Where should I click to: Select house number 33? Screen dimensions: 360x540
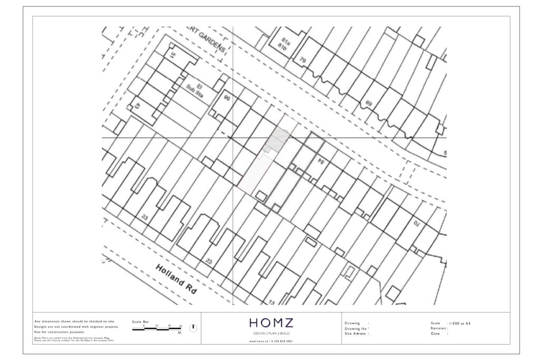click(x=145, y=217)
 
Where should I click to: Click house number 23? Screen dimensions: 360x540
click(x=209, y=261)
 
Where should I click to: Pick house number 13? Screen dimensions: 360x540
click(x=272, y=302)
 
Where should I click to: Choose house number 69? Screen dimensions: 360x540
click(x=368, y=104)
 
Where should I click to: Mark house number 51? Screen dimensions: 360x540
click(x=172, y=55)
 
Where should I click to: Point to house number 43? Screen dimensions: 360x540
click(x=136, y=105)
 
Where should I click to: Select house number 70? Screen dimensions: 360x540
click(x=416, y=223)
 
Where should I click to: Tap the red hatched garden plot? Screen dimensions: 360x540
click(x=250, y=174)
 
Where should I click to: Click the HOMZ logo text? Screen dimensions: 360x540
click(x=271, y=323)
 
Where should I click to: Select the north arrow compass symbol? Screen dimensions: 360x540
click(x=194, y=328)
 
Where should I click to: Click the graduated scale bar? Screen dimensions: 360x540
click(x=157, y=329)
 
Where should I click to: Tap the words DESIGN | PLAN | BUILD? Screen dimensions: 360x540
click(x=271, y=334)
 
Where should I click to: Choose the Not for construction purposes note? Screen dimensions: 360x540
click(x=59, y=332)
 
